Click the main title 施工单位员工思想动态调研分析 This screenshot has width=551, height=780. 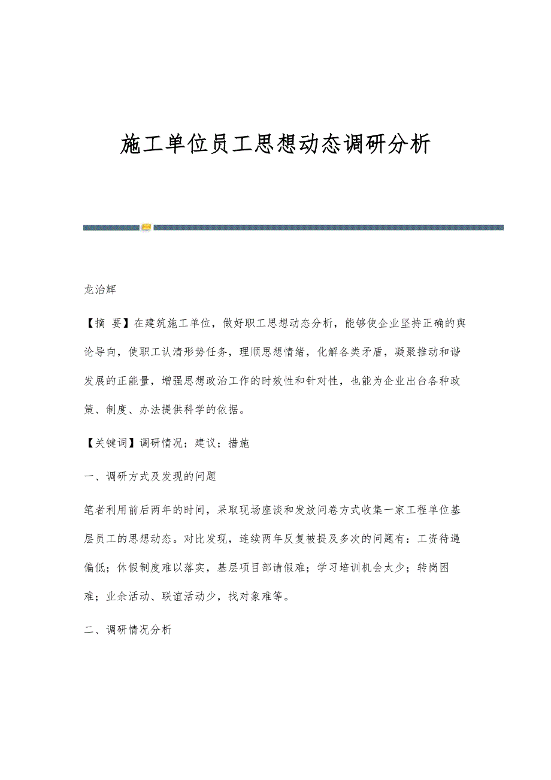pyautogui.click(x=275, y=144)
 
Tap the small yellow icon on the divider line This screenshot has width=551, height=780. pyautogui.click(x=146, y=227)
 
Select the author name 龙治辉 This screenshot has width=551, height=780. pyautogui.click(x=100, y=290)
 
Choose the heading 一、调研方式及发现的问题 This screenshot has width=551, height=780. pyautogui.click(x=150, y=477)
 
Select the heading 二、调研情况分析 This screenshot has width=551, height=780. pyautogui.click(x=128, y=630)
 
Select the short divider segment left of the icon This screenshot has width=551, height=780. pyautogui.click(x=111, y=228)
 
